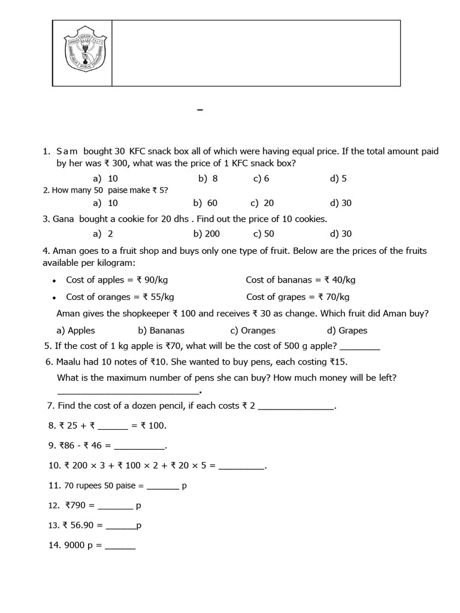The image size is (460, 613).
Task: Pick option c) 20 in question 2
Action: coord(262,203)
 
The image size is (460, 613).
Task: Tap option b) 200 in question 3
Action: coord(207,234)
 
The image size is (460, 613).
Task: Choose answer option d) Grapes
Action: coord(347,330)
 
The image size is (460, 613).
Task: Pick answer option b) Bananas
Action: coord(161,330)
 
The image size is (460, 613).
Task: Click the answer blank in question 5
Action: coord(359,347)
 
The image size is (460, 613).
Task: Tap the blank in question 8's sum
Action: coord(113,426)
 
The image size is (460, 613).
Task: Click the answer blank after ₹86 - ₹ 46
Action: coord(138,446)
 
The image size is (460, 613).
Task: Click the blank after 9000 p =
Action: coord(120,546)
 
